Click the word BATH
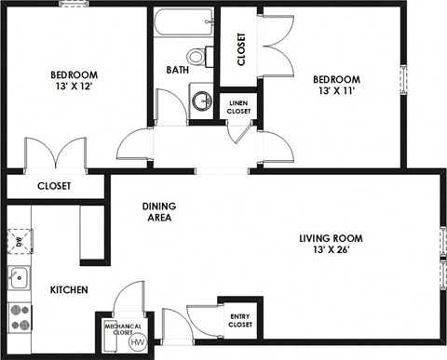tap(178, 70)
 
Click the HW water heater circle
tap(138, 343)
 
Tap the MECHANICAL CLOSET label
tap(123, 328)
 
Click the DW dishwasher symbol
tap(16, 244)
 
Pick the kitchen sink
tap(16, 275)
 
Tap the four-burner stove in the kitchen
tap(17, 317)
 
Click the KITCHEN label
tap(68, 290)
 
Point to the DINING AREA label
tap(159, 212)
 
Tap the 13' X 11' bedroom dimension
tap(336, 91)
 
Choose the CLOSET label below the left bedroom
tap(54, 186)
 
